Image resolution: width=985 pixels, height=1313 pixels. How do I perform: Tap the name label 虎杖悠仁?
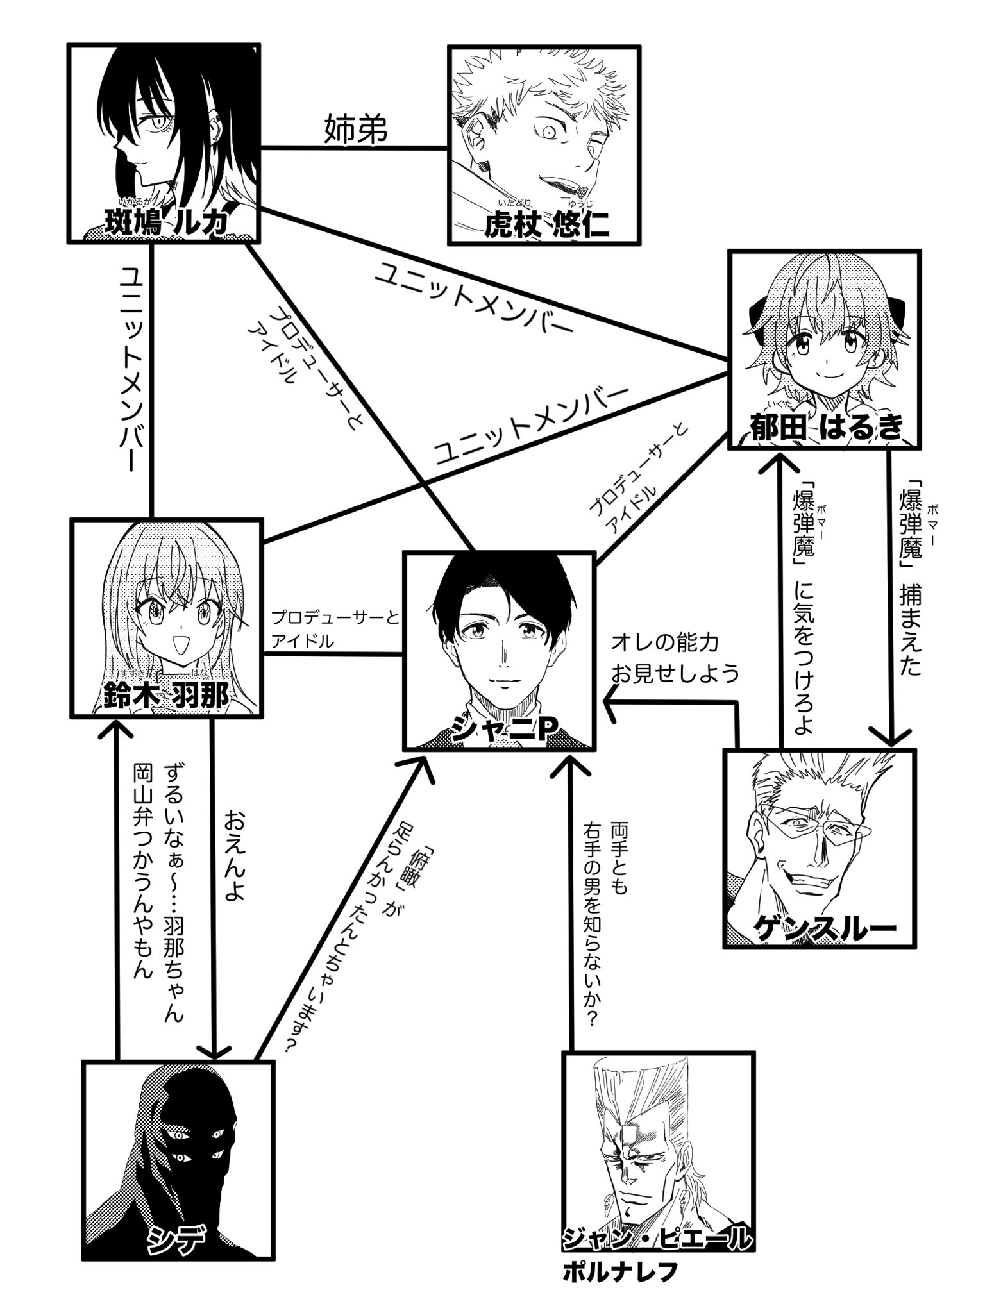546,225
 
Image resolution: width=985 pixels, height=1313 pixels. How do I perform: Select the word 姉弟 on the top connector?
355,130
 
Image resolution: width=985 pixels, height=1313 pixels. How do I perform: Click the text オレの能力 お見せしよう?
674,658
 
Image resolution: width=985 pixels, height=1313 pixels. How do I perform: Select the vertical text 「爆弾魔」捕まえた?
911,577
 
